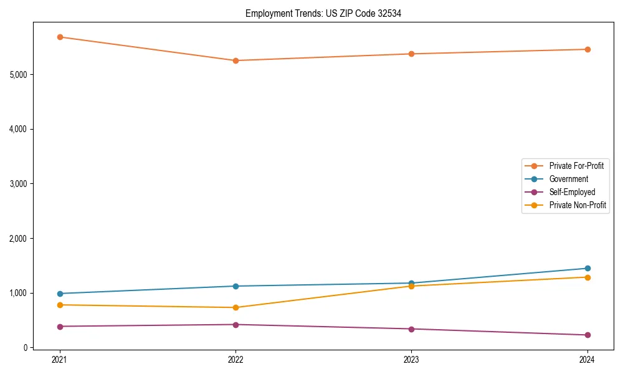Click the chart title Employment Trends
(x=323, y=13)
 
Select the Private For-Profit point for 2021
(x=60, y=37)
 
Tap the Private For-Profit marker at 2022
(x=235, y=60)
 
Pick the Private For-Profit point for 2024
(x=587, y=49)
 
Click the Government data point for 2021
(x=60, y=294)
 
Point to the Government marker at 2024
(x=587, y=268)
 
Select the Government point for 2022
(x=235, y=286)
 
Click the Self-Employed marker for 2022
(x=235, y=325)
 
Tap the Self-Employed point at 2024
(x=587, y=335)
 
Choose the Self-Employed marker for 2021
(x=60, y=327)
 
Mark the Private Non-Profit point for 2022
(x=235, y=307)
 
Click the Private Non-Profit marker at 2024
(x=587, y=277)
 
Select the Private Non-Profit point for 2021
(x=60, y=305)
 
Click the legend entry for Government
(x=568, y=179)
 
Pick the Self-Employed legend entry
(x=572, y=192)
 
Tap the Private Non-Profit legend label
(x=578, y=205)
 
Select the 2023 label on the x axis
(x=411, y=359)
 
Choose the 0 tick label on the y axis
(x=25, y=348)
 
